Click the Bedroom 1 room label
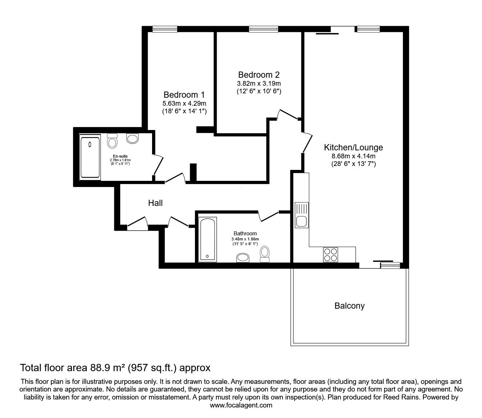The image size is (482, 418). point(184,95)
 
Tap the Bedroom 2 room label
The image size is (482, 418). point(259,75)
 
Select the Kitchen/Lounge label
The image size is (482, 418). point(353,147)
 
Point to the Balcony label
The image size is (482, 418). point(349,306)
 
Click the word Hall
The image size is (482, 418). point(155,203)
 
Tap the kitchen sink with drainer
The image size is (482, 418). point(301,215)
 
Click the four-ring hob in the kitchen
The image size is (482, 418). point(330,254)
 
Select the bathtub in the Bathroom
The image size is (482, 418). point(208,240)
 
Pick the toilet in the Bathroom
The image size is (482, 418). point(265,253)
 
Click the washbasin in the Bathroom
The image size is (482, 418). point(243,257)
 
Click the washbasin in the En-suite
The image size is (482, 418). point(132,138)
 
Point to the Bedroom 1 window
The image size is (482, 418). point(165,29)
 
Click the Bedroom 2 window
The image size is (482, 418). point(264,29)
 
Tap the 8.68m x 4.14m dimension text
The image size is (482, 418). point(353,156)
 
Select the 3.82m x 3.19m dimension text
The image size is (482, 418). point(259,84)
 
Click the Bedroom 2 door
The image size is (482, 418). point(287,114)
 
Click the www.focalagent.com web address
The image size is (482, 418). point(241,405)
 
